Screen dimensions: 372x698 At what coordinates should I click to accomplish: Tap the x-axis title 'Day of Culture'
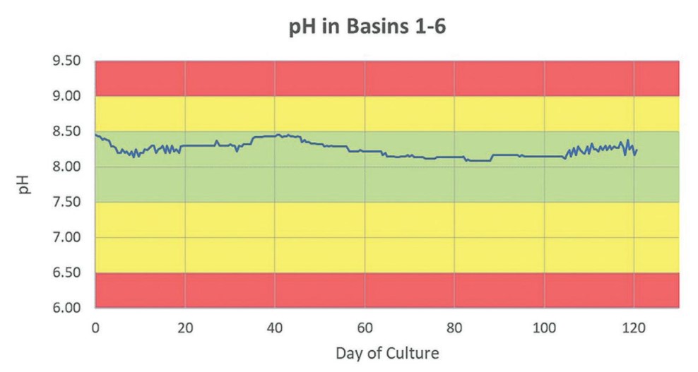point(387,352)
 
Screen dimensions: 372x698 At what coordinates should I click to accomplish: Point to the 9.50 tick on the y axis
point(68,61)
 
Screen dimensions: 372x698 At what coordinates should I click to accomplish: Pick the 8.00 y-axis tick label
point(68,167)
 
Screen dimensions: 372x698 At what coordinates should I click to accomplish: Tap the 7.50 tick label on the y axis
point(68,203)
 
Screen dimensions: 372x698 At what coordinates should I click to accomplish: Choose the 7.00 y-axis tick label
point(68,238)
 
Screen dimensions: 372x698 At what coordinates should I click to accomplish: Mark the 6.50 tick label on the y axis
point(68,273)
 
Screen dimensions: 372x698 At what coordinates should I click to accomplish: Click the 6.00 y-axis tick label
point(68,308)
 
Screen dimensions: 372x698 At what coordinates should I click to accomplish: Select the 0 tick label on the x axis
point(95,328)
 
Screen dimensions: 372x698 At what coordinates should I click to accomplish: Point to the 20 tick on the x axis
point(185,328)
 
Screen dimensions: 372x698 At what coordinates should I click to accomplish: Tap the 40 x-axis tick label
point(275,328)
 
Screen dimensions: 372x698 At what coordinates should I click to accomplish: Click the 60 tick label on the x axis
point(365,328)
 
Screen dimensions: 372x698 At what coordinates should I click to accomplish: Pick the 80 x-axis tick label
point(454,328)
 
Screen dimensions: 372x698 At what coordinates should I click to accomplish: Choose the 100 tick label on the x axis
point(544,328)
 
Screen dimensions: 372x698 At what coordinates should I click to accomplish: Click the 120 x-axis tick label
point(634,328)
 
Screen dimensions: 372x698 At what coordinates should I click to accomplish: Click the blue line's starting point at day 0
point(96,135)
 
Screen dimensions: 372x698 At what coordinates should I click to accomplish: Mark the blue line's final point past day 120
point(638,149)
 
